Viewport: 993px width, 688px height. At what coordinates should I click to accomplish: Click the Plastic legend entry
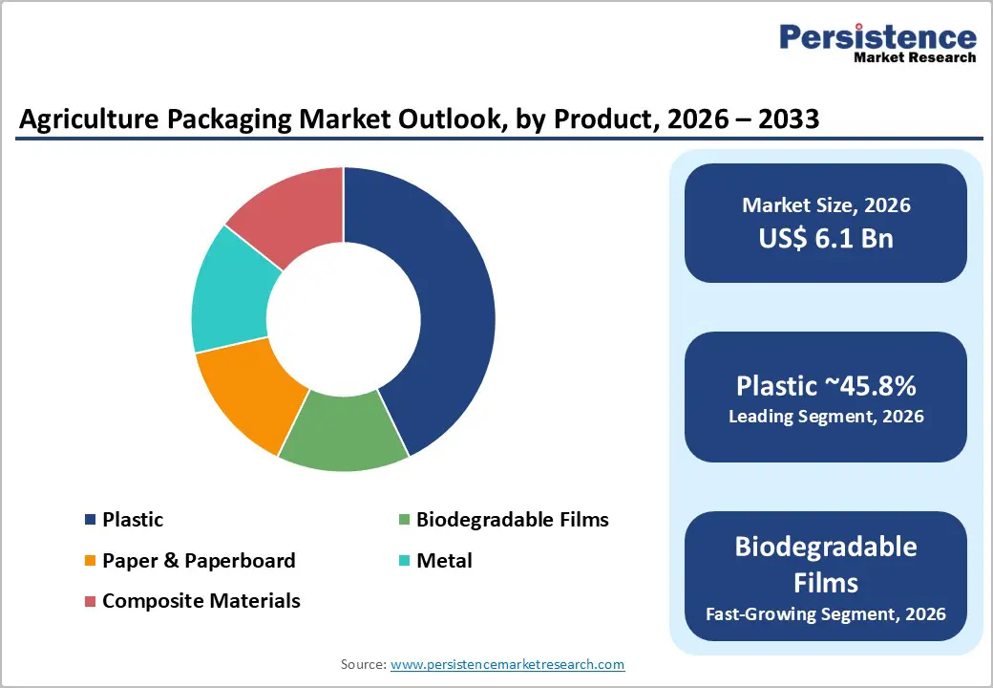pos(133,520)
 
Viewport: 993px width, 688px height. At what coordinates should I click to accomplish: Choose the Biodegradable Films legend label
pos(512,520)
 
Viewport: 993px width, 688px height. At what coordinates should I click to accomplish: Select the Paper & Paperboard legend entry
pos(199,561)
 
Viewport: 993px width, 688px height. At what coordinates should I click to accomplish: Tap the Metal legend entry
pos(444,561)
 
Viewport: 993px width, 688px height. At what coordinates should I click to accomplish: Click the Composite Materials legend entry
pos(201,601)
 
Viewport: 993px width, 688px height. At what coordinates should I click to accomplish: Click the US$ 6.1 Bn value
pos(826,238)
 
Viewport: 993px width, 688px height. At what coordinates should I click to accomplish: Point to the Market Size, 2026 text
pos(826,205)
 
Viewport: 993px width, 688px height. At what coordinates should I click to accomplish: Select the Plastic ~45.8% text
pos(826,386)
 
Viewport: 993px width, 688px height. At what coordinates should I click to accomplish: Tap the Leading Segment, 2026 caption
pos(826,417)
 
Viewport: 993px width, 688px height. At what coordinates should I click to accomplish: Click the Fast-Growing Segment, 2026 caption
pos(826,613)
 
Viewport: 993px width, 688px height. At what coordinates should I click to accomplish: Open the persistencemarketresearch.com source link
pos(507,664)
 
